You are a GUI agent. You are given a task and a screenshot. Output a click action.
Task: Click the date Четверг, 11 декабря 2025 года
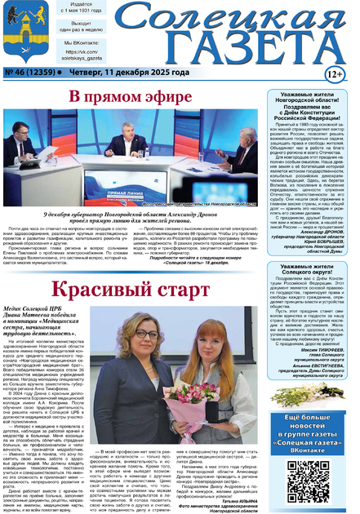pos(128,73)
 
